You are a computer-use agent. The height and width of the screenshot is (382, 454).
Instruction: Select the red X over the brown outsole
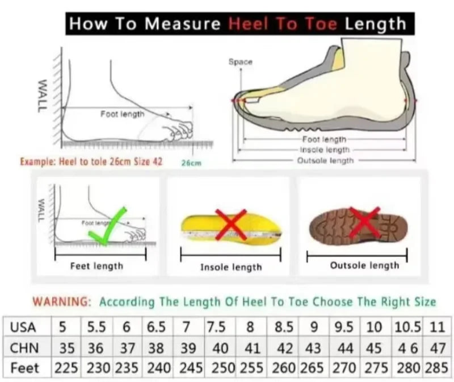click(x=364, y=222)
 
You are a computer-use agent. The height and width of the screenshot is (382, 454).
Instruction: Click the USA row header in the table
click(x=23, y=327)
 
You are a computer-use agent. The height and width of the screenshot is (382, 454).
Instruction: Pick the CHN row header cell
click(x=23, y=347)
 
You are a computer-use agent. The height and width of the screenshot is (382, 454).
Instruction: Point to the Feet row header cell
click(x=23, y=367)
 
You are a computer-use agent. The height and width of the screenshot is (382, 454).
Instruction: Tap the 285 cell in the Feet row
click(x=436, y=367)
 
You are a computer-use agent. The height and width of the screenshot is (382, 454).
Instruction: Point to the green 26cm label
click(x=191, y=163)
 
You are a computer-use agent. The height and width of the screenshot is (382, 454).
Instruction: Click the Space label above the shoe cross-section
click(x=241, y=61)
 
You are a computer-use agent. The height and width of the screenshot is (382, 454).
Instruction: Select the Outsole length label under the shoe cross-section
click(x=325, y=161)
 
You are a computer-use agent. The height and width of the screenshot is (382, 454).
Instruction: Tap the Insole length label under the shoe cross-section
click(x=325, y=150)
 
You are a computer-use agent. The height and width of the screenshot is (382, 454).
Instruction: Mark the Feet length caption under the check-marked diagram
click(x=96, y=266)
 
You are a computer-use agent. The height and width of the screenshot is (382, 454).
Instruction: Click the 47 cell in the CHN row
click(x=436, y=347)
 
